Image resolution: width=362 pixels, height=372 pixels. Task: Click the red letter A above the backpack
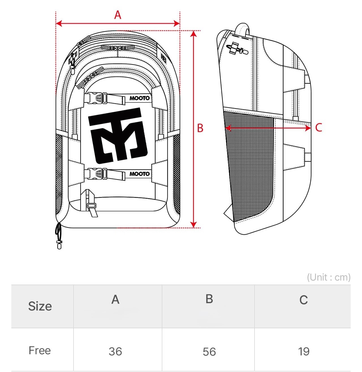click(x=118, y=15)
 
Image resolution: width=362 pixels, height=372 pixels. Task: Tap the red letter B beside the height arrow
click(x=200, y=128)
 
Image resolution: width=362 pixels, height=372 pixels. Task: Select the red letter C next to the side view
click(x=318, y=128)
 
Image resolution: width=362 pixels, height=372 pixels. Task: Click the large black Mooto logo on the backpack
click(x=118, y=135)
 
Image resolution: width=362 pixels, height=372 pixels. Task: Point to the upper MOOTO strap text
click(x=139, y=98)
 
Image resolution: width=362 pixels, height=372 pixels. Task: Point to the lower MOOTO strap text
click(x=139, y=174)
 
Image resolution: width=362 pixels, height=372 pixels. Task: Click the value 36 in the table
click(x=115, y=351)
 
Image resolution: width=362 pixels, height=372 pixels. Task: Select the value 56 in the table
click(x=209, y=352)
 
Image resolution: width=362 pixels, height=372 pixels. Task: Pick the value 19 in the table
click(x=303, y=351)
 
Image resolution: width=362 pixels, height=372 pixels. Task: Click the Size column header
click(x=40, y=306)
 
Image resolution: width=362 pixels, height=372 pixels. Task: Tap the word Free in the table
click(x=40, y=350)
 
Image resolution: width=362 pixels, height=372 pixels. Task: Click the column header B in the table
click(x=209, y=299)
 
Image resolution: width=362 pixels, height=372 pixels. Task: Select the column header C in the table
click(x=303, y=300)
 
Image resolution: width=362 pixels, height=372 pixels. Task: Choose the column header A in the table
click(x=115, y=299)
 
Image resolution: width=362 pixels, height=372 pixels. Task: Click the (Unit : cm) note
click(x=329, y=277)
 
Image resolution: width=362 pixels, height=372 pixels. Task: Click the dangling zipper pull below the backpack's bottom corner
click(x=59, y=236)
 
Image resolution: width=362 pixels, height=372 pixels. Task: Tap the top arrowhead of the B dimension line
click(x=194, y=34)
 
